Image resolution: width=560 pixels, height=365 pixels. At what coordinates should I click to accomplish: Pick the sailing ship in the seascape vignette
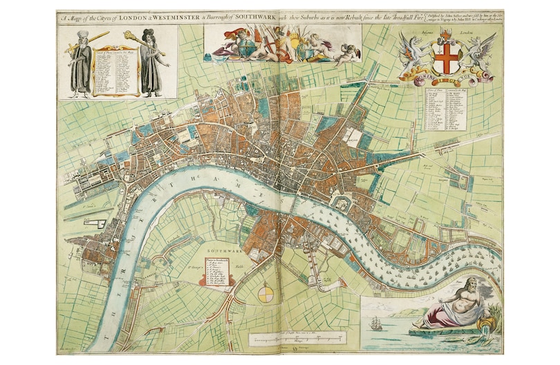click(x=377, y=322)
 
